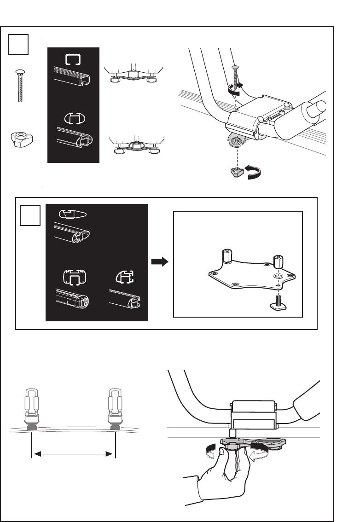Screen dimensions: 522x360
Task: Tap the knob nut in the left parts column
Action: (20, 139)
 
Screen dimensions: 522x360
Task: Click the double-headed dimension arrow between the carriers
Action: (73, 454)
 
